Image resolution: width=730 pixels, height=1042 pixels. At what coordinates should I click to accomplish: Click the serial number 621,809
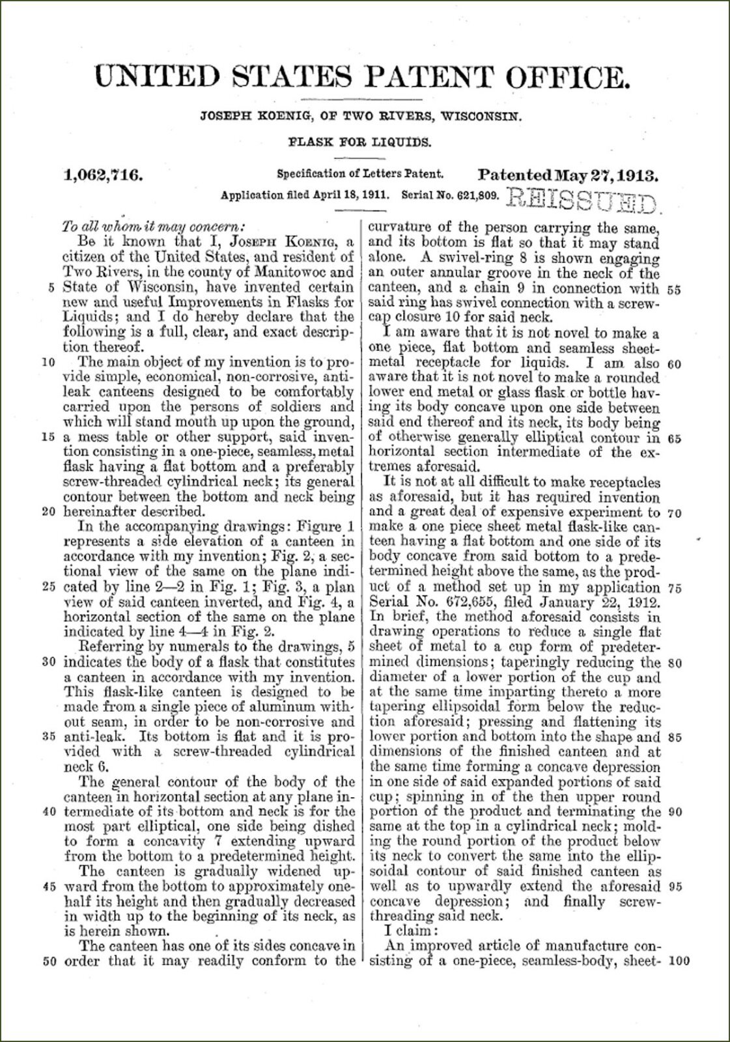(471, 195)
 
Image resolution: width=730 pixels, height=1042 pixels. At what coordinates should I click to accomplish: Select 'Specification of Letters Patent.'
(361, 175)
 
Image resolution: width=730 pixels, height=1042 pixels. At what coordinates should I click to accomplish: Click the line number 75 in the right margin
(675, 587)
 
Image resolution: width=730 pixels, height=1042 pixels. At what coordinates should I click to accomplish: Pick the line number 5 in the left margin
(51, 287)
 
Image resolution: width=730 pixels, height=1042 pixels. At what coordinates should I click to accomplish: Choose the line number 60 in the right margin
(675, 363)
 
